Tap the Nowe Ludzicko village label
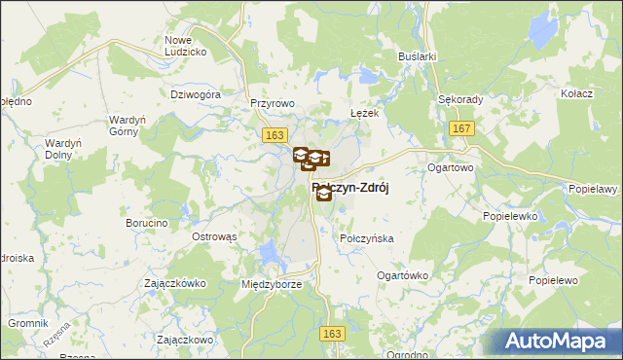(x=184, y=45)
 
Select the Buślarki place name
(x=416, y=57)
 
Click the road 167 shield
(x=462, y=128)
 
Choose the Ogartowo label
(x=450, y=167)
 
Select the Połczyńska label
(x=366, y=238)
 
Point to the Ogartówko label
(x=402, y=275)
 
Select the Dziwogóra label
(x=197, y=95)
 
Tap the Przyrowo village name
(x=272, y=101)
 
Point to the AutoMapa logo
(x=560, y=342)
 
